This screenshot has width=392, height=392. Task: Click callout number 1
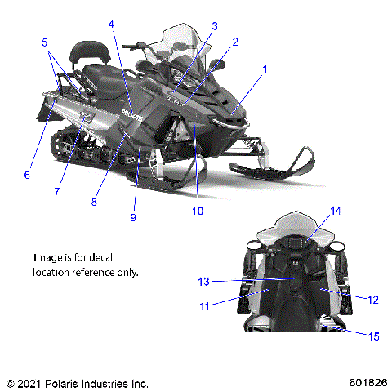tap(265, 69)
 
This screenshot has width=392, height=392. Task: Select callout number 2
tap(236, 41)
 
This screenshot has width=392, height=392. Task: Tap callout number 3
tap(215, 25)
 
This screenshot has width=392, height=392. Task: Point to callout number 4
tap(111, 24)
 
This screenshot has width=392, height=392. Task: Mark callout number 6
tap(27, 173)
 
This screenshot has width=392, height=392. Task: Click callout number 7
tap(57, 191)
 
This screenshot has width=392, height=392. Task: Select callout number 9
tap(133, 217)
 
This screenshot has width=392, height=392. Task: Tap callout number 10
tap(197, 211)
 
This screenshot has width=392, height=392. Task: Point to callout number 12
tap(373, 300)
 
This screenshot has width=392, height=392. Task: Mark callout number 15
tap(373, 335)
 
